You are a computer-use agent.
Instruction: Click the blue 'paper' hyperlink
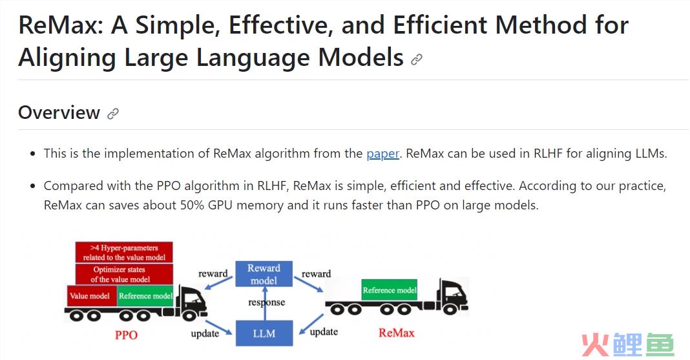click(382, 154)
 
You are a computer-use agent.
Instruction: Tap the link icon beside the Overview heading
click(113, 114)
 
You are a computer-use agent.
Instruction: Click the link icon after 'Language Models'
click(417, 59)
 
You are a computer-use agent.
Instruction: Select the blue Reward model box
click(264, 274)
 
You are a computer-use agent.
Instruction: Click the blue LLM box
click(264, 334)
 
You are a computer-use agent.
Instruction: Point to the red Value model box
click(90, 296)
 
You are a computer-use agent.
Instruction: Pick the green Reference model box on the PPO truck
click(145, 296)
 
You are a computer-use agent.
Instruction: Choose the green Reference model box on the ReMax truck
click(389, 290)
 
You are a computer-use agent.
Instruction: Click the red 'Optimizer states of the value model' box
click(120, 274)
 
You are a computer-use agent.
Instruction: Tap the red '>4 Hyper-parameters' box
click(125, 252)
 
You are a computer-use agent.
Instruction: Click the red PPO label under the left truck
click(126, 335)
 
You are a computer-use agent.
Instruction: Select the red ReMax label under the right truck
click(396, 334)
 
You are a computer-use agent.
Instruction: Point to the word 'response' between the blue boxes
click(266, 302)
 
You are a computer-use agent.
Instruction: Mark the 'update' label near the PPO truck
click(204, 334)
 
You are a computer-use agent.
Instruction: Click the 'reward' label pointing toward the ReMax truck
click(316, 274)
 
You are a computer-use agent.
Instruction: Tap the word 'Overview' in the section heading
click(59, 113)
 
